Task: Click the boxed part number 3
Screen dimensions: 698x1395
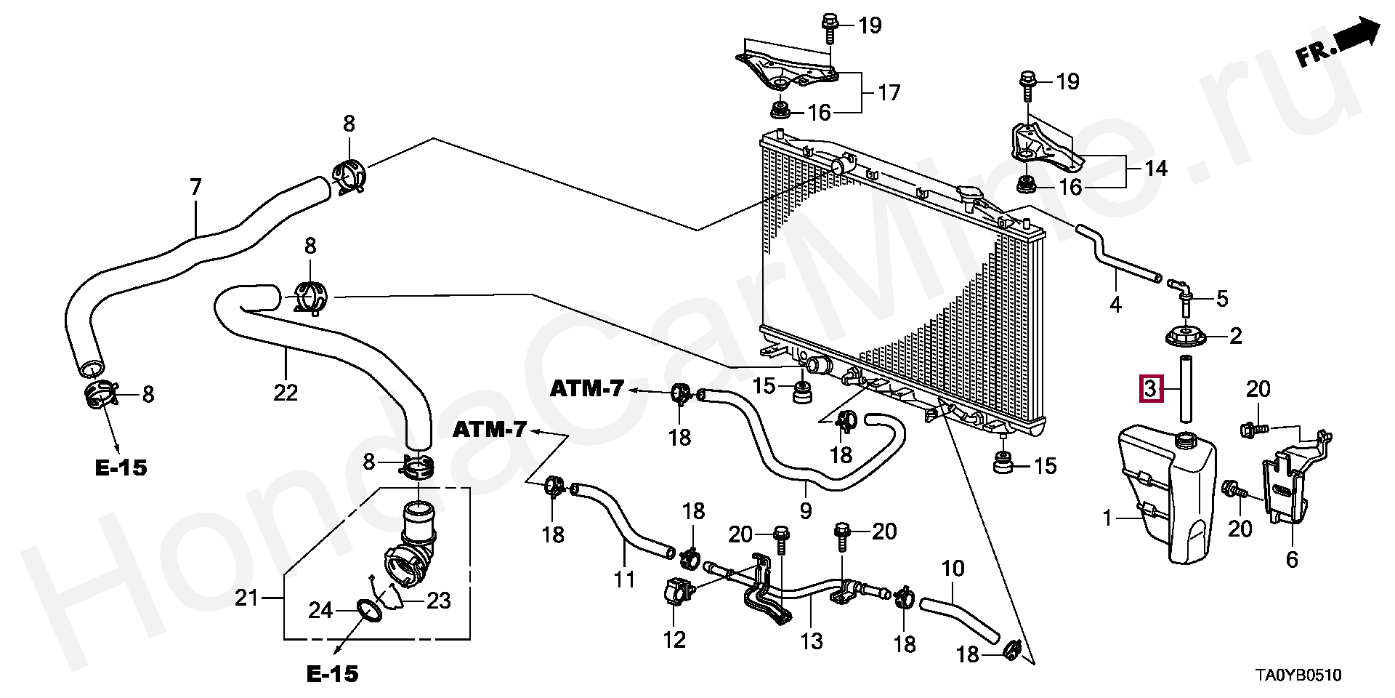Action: (x=1149, y=388)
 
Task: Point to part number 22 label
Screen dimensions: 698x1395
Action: (x=286, y=393)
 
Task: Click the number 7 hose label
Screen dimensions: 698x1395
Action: (x=195, y=188)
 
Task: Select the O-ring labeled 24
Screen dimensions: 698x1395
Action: (x=369, y=611)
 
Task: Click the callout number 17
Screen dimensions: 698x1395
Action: (x=889, y=92)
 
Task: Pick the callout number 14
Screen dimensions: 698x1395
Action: (x=1155, y=169)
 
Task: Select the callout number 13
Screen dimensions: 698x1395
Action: (x=811, y=641)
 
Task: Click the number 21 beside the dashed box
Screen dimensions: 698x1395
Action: (x=247, y=598)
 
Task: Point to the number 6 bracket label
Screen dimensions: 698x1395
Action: (x=1291, y=559)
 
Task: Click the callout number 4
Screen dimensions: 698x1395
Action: (x=1115, y=305)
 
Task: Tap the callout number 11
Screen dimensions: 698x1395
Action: (x=624, y=579)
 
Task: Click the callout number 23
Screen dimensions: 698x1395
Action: (x=438, y=601)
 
